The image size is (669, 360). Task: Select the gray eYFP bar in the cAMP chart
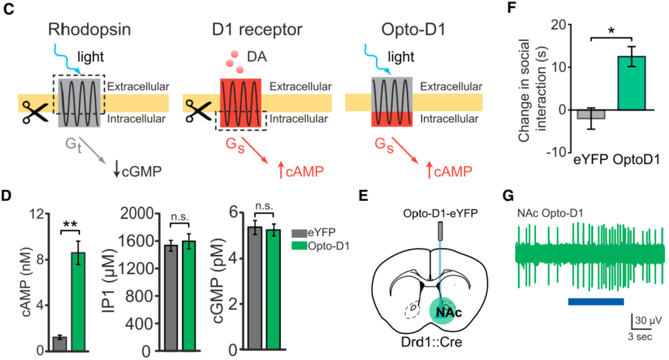[x=60, y=344]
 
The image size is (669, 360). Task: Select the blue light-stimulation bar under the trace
[x=595, y=301]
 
